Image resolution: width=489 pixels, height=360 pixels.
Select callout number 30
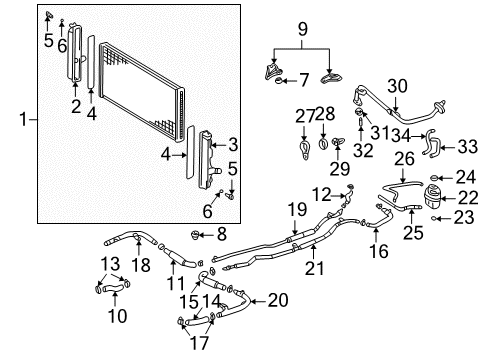(397, 86)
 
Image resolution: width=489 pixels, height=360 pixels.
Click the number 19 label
(296, 209)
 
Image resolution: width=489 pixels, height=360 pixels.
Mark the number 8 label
(223, 235)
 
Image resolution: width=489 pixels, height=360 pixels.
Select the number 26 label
(404, 158)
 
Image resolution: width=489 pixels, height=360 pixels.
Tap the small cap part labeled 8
(198, 237)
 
